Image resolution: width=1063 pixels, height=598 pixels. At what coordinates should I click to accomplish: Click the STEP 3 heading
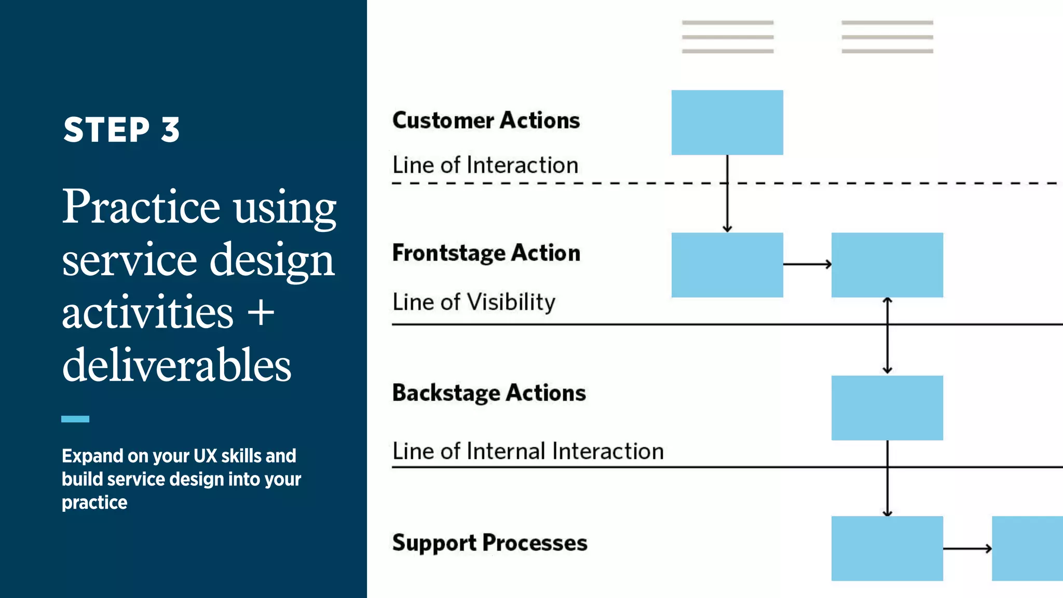coord(121,129)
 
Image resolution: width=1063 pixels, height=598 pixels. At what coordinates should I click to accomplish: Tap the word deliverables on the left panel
coord(176,365)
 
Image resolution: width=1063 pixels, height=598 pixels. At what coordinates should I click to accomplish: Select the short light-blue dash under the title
coord(75,419)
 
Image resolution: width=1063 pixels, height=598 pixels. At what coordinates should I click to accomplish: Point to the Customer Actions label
coord(486,120)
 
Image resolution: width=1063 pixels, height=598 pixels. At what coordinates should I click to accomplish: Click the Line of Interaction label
coord(485,165)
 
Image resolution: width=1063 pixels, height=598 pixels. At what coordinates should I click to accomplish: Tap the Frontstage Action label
coord(486,253)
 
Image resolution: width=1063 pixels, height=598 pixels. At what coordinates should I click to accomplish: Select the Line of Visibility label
coord(473,302)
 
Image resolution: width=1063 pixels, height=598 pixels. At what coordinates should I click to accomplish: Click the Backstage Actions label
coord(489,393)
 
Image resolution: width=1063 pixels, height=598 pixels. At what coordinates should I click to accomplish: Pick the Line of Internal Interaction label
coord(528,451)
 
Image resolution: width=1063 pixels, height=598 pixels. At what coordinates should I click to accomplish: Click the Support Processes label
coord(489,543)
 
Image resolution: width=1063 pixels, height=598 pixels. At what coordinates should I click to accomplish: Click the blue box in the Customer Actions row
coord(727,123)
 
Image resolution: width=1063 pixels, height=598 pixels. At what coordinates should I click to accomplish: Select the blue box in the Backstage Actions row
coord(887,408)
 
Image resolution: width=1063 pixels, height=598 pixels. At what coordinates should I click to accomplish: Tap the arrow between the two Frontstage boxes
coord(807,264)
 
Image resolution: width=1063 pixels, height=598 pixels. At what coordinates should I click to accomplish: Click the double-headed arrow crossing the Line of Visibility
coord(887,336)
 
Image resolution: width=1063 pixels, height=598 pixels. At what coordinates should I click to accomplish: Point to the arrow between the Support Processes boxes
coord(967,548)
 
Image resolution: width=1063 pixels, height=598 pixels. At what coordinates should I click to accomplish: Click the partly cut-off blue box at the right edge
coord(1027,548)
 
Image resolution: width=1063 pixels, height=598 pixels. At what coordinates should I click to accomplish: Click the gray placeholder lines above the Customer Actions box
coord(727,37)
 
